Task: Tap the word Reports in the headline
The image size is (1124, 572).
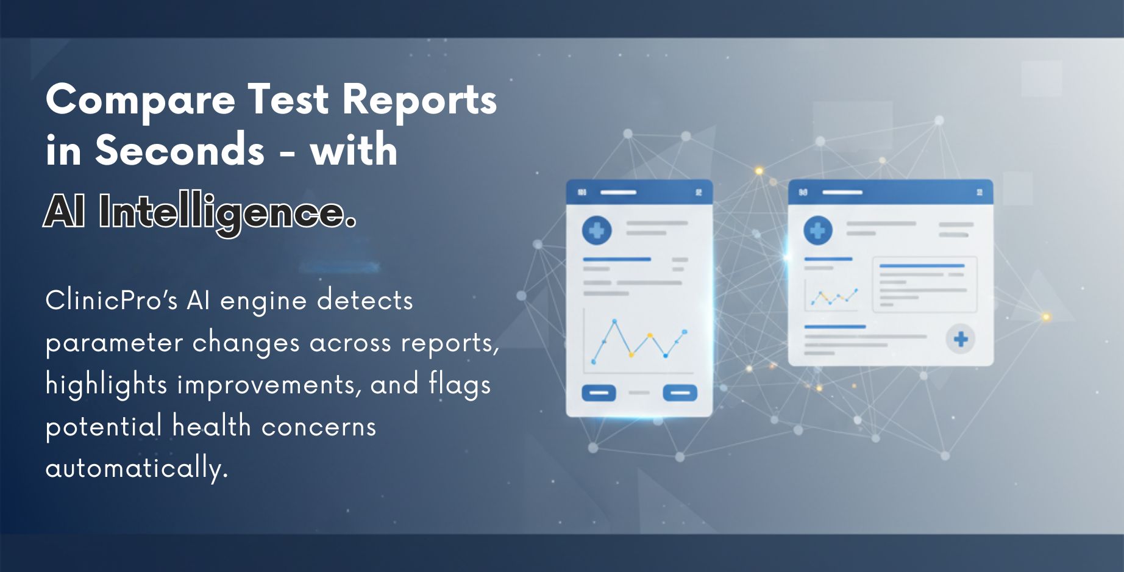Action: (419, 101)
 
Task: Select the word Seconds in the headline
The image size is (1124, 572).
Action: (179, 150)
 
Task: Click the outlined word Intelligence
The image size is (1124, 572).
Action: (227, 213)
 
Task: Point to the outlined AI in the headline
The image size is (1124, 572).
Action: (65, 212)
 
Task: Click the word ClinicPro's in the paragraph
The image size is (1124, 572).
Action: (111, 301)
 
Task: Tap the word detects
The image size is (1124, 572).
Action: (365, 301)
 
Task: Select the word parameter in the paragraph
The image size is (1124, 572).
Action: (114, 343)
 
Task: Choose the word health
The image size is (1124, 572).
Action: (212, 426)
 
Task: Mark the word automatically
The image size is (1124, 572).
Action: (137, 468)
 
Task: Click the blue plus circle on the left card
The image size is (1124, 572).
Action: (597, 231)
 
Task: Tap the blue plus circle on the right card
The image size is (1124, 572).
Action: (817, 231)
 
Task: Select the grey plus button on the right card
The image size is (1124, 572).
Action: (961, 339)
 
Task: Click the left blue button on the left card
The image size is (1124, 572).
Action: (599, 393)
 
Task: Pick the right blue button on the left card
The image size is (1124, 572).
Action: (680, 393)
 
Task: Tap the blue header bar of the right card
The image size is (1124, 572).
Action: (890, 192)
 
